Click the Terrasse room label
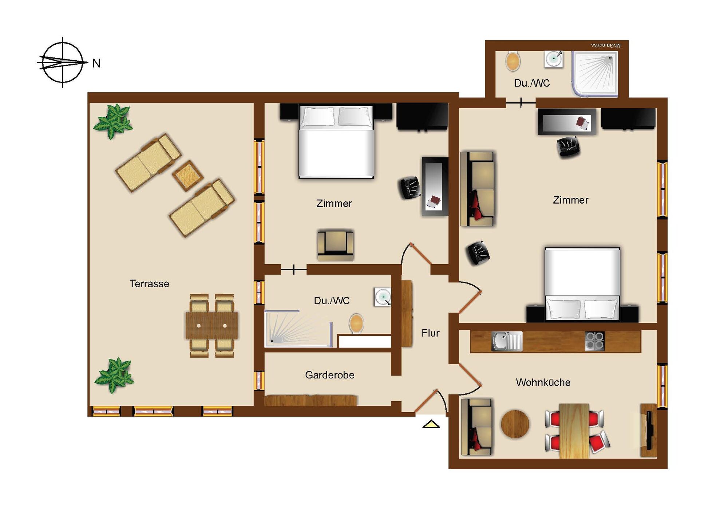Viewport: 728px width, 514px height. coord(149,284)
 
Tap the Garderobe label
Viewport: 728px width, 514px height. coord(330,375)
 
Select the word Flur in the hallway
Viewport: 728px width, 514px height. coord(431,333)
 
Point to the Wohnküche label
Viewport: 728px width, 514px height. coord(543,382)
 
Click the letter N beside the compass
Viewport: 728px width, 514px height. coord(96,63)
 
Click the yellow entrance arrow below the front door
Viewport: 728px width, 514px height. coord(431,424)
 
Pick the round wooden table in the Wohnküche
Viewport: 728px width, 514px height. coord(515,424)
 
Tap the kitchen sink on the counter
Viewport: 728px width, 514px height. coord(507,341)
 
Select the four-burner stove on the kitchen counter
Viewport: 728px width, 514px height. coord(594,341)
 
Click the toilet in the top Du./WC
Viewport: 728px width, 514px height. coord(513,61)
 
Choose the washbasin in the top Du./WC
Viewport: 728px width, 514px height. coord(554,59)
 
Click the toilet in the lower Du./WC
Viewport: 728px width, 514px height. coord(356,324)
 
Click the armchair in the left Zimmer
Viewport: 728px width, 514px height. coord(335,245)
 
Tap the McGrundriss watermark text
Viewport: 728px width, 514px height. coord(606,45)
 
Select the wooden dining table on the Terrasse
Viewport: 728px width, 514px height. coord(211,326)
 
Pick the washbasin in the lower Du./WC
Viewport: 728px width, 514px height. coord(383,297)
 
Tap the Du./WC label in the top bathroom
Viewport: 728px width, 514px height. coord(532,83)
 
